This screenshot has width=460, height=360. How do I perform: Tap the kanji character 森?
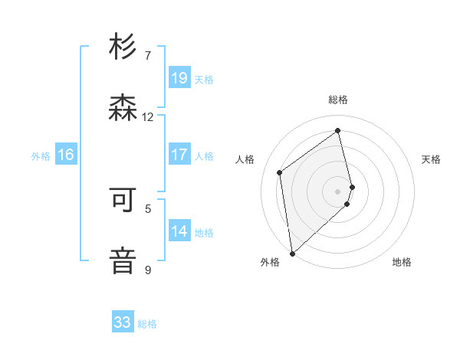pos(123,107)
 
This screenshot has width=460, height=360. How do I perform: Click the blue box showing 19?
pos(179,78)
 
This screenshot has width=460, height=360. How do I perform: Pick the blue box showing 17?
pos(179,155)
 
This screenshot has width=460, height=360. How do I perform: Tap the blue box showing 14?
pos(179,231)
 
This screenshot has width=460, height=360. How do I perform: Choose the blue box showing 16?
pos(66,155)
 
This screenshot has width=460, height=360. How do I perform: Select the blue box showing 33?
pos(123,322)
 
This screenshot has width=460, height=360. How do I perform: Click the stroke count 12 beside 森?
pos(148,117)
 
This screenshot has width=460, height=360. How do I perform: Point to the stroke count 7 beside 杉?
pos(148,56)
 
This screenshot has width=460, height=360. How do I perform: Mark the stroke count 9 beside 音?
pos(148,270)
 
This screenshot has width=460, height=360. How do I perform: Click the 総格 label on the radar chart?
pos(338,100)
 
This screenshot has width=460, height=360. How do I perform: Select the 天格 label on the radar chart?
pos(432,159)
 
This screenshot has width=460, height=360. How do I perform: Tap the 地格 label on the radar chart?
pos(402,262)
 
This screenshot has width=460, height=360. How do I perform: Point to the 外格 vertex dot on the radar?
pos(291,253)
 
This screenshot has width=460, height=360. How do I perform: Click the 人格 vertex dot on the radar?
pos(280,172)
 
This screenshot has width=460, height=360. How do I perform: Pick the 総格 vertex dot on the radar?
pos(338,130)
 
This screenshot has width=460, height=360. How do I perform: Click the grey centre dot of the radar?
pos(338,191)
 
